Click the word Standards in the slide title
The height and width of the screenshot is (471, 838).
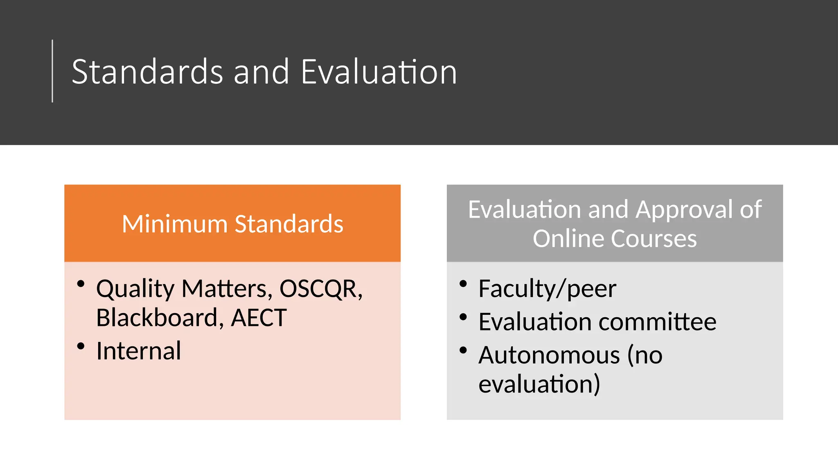pyautogui.click(x=147, y=72)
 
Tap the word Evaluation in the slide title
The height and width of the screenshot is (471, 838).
pyautogui.click(x=378, y=72)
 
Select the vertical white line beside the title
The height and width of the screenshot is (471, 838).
pyautogui.click(x=52, y=71)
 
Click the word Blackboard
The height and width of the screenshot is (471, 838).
pyautogui.click(x=157, y=318)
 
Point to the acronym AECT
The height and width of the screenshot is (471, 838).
pyautogui.click(x=259, y=318)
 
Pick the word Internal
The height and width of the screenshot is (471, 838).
pyautogui.click(x=138, y=351)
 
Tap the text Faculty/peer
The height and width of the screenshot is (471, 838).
pyautogui.click(x=547, y=289)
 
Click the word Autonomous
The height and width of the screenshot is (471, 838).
pyautogui.click(x=549, y=355)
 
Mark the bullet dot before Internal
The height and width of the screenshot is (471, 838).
pyautogui.click(x=81, y=346)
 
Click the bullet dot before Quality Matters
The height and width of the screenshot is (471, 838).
pyautogui.click(x=81, y=283)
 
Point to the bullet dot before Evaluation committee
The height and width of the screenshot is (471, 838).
pyautogui.click(x=463, y=317)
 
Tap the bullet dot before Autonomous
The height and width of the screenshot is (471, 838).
pyautogui.click(x=463, y=350)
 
